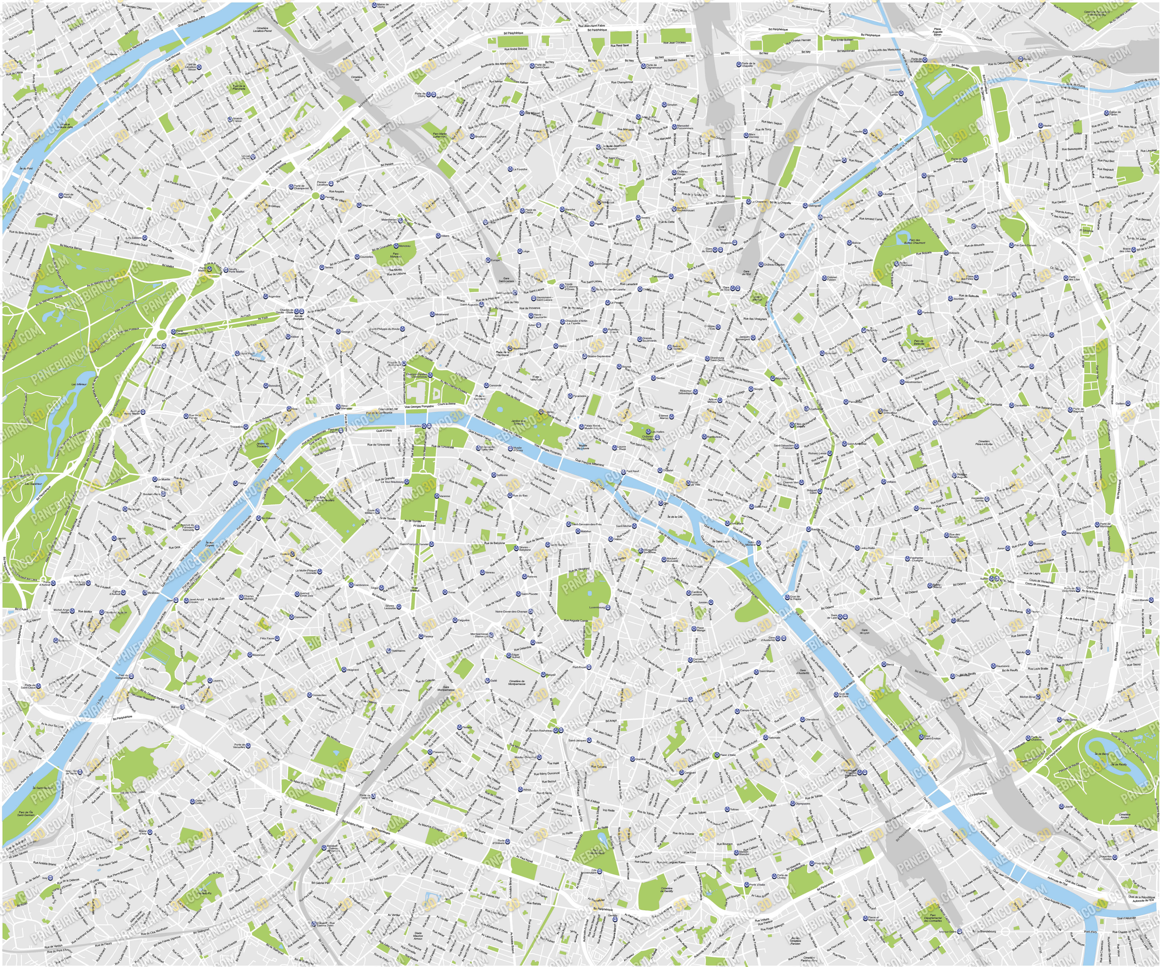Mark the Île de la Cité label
tap(675, 517)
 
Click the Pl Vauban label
tap(420, 526)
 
